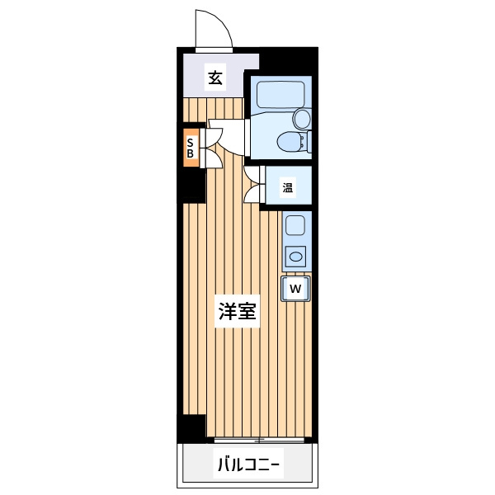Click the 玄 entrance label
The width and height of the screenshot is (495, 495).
click(x=215, y=78)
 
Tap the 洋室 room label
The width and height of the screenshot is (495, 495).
click(x=237, y=311)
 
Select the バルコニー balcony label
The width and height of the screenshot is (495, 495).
click(x=248, y=465)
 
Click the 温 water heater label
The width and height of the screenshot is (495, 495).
click(x=288, y=188)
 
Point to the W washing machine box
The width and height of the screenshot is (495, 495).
click(x=296, y=289)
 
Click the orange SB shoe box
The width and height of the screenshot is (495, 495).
click(x=191, y=148)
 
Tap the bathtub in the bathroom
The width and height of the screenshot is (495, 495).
click(x=280, y=95)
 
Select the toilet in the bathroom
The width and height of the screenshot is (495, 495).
click(x=293, y=142)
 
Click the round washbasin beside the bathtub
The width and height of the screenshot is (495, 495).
click(x=302, y=119)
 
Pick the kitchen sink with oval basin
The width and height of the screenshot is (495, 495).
click(x=295, y=257)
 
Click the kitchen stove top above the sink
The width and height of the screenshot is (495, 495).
click(x=295, y=225)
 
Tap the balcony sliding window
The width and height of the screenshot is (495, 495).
click(x=259, y=440)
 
